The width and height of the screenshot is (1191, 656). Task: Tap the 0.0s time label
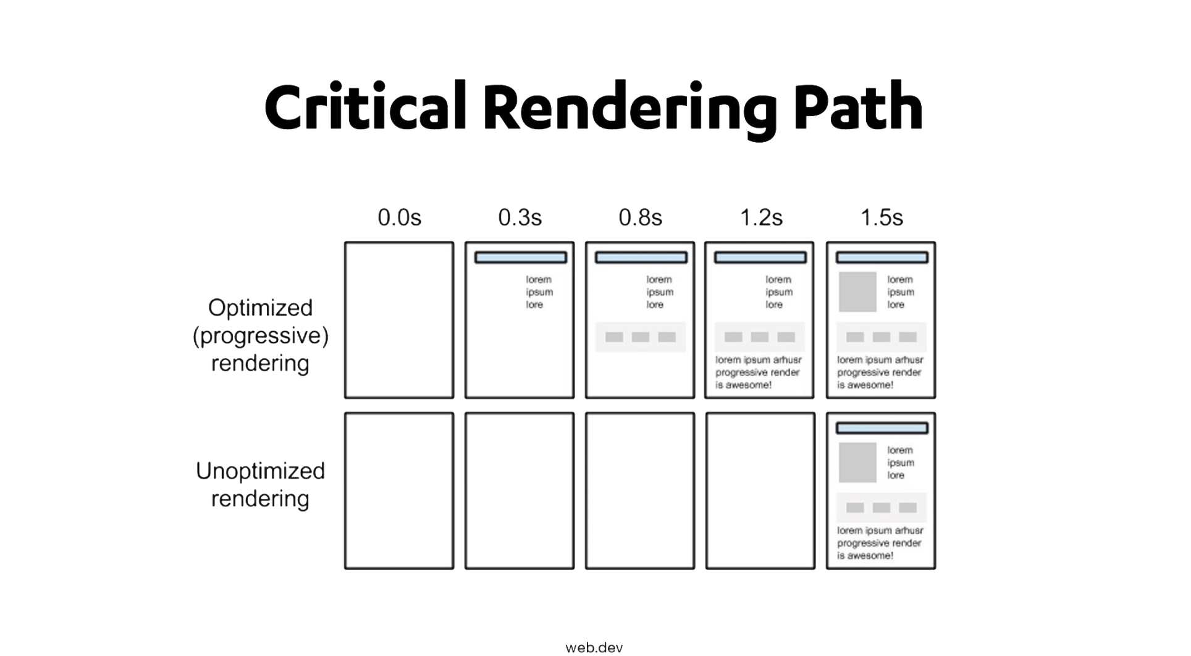[400, 217]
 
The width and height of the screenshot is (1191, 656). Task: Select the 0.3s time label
[520, 217]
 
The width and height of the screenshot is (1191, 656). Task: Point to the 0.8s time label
[641, 217]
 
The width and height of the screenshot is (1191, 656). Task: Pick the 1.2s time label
[761, 217]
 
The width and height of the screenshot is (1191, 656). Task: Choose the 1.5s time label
[882, 217]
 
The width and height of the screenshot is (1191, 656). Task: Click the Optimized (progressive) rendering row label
[260, 335]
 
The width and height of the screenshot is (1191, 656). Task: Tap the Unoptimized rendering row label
[260, 485]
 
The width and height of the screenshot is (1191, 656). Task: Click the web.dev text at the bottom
[594, 648]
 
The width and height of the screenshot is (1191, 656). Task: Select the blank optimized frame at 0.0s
[399, 320]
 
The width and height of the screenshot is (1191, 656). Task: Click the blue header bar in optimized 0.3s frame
[520, 257]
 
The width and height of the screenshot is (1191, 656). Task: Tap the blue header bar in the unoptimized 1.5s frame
[882, 428]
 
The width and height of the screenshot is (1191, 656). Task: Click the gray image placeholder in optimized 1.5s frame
[857, 292]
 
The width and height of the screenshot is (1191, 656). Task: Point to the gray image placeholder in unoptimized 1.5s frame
[857, 462]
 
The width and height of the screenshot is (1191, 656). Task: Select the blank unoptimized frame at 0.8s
[640, 491]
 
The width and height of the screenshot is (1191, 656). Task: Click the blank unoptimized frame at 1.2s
[760, 491]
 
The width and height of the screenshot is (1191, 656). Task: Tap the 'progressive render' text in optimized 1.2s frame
[757, 372]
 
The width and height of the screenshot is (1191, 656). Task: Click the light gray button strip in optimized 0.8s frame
[641, 337]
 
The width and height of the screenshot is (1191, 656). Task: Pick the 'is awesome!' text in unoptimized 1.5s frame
[865, 556]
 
